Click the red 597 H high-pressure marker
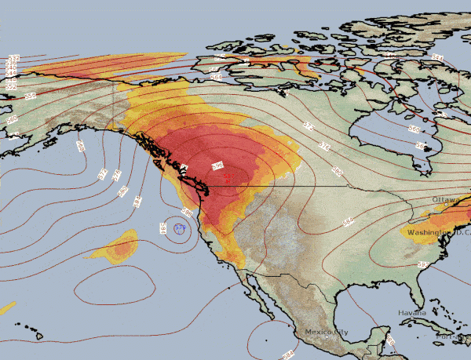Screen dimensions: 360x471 (228, 177)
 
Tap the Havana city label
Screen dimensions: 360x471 (411, 312)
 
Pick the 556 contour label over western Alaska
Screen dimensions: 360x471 (31, 95)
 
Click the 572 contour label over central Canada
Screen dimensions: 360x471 (308, 125)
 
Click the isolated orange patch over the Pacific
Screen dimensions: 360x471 (118, 249)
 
